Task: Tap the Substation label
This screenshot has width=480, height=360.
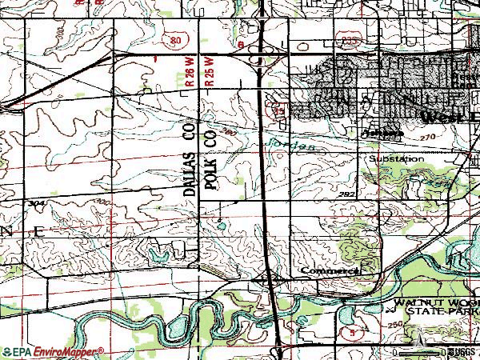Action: click(x=396, y=159)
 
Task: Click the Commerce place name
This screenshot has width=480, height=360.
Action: click(x=328, y=271)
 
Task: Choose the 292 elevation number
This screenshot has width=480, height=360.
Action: click(x=346, y=194)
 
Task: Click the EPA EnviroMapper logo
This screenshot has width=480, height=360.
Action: click(x=53, y=351)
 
